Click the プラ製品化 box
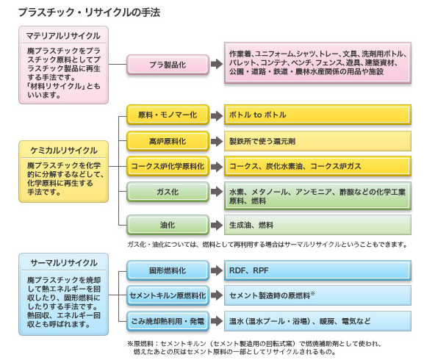(168, 65)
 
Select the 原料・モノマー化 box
(168, 115)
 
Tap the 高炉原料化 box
(168, 141)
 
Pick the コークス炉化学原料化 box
(168, 166)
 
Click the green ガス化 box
(168, 192)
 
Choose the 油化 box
(168, 225)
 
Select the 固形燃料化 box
(168, 270)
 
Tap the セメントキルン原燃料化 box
(168, 295)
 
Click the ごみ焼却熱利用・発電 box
(168, 321)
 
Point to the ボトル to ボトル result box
(317, 115)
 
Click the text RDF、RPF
(249, 270)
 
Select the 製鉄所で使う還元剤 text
(262, 141)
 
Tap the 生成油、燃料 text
(251, 225)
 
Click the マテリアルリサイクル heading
(63, 36)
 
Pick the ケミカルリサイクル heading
(63, 151)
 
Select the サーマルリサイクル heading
(63, 263)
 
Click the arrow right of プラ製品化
(217, 65)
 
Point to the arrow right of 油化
(217, 225)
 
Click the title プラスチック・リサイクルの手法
(89, 12)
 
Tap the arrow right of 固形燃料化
(217, 270)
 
